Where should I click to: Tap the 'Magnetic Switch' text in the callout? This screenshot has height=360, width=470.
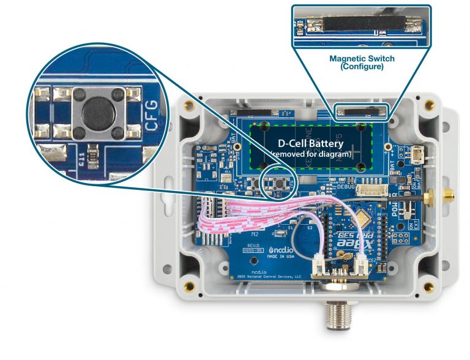[x=362, y=59]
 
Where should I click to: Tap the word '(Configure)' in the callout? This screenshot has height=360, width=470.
[x=362, y=67]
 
